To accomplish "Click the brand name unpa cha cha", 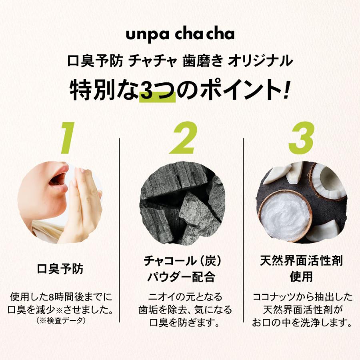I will pos(180,34).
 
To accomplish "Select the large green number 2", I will pos(184,138).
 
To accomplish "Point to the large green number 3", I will pos(301,138).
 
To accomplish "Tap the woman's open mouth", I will pos(58,178).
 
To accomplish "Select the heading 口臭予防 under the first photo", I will pos(60,269).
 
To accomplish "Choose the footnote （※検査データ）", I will pos(60,320).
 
